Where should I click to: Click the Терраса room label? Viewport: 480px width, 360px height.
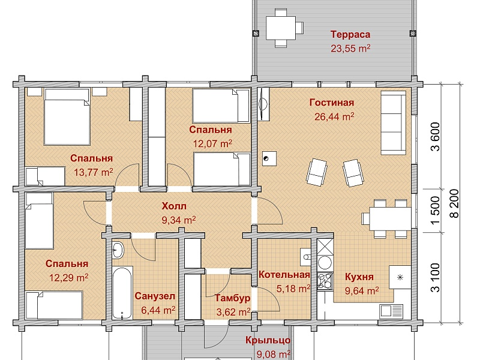(350, 35)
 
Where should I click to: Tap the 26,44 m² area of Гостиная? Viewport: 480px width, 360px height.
(334, 116)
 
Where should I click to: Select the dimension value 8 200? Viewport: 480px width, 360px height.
(455, 203)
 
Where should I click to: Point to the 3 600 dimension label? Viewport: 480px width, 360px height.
(435, 137)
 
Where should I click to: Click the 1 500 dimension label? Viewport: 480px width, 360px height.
(435, 211)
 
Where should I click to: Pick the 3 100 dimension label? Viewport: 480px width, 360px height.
(435, 278)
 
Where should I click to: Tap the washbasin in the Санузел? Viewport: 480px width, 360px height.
(118, 250)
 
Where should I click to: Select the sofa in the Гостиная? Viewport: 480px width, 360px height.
(393, 122)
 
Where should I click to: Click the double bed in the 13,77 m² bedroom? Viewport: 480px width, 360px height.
(67, 116)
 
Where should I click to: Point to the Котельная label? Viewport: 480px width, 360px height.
(284, 275)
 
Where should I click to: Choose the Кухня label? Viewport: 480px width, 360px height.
(359, 277)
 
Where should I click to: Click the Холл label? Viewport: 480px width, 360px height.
(174, 206)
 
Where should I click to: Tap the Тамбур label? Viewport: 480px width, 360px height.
(233, 298)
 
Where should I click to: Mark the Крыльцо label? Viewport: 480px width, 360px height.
(268, 340)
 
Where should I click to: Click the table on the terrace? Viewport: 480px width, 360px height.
(281, 28)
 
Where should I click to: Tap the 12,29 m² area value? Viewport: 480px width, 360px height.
(69, 278)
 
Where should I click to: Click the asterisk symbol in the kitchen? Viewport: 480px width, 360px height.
(400, 278)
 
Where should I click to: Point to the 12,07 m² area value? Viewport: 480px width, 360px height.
(212, 143)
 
